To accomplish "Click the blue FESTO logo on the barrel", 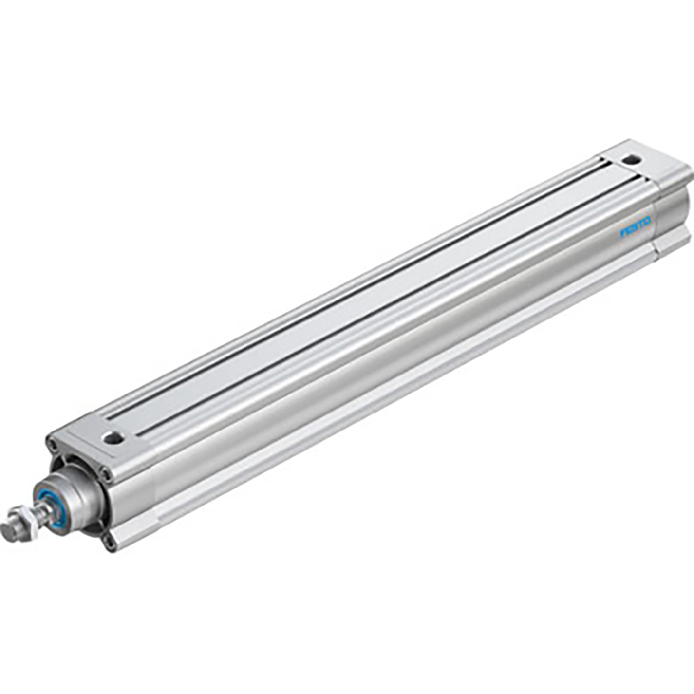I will pos(636,227).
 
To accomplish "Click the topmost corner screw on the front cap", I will pos(50,443).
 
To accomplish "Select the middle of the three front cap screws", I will pos(104,472).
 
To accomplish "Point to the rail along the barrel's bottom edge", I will pos(404,390).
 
